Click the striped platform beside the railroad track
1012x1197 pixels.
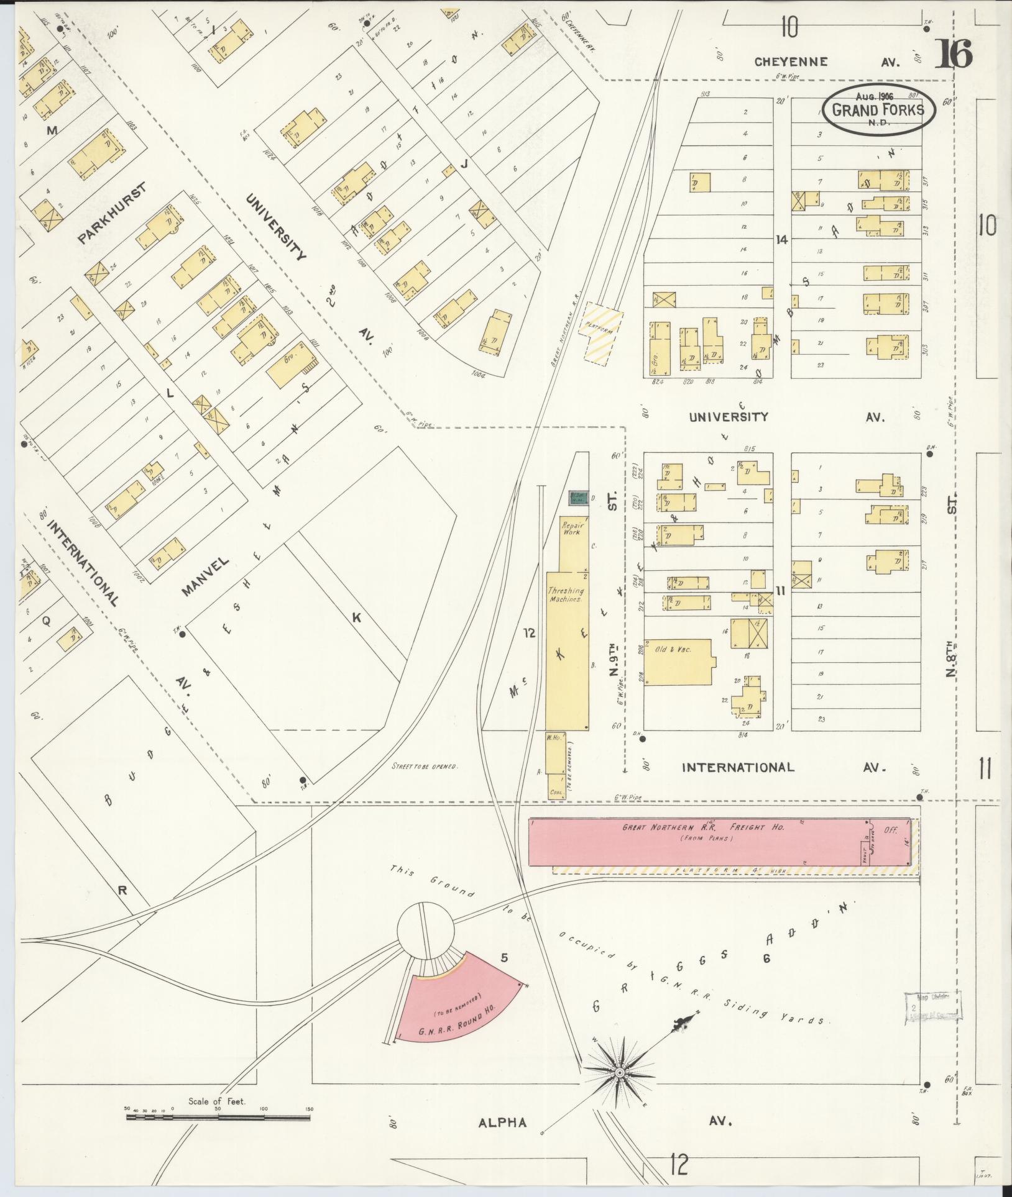[x=600, y=335]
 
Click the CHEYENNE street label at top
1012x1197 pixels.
[x=791, y=61]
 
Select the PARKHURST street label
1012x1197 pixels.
[x=112, y=214]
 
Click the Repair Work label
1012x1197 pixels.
[x=573, y=528]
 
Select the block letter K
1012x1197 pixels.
[x=357, y=617]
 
